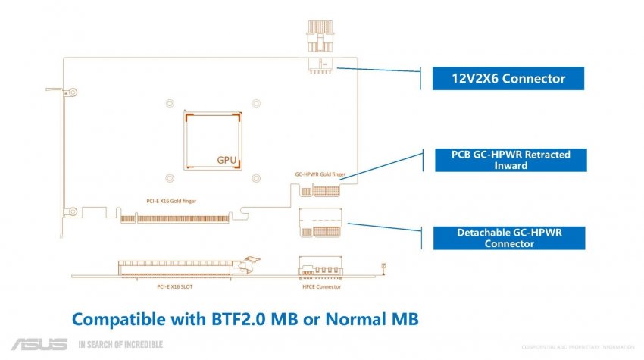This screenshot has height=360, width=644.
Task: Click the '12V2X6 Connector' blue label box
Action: pos(499,78)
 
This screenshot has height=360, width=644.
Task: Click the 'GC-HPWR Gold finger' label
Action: pos(320,174)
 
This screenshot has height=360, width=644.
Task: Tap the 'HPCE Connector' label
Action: pos(321,287)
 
